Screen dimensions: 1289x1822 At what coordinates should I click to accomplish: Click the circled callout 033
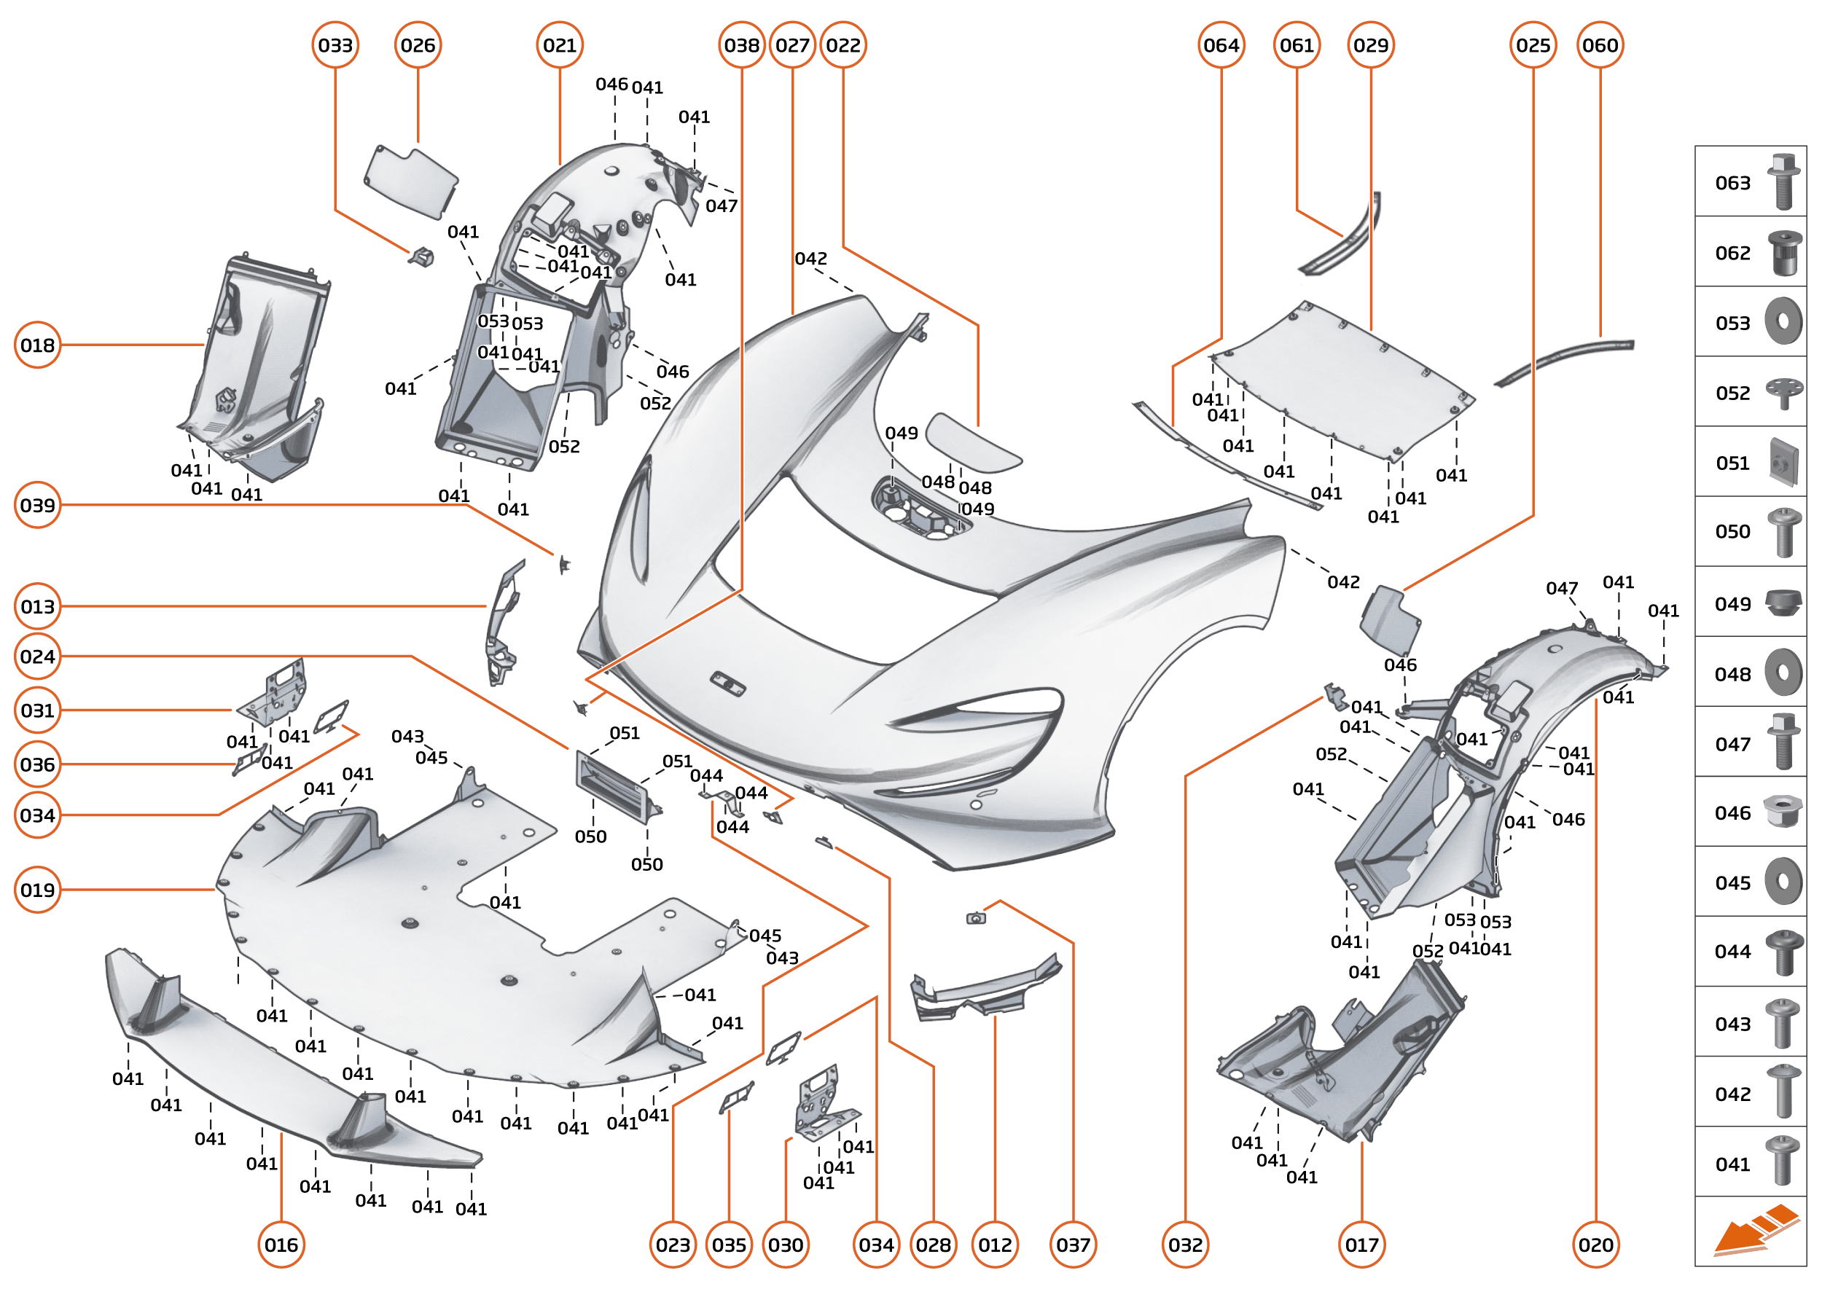335,45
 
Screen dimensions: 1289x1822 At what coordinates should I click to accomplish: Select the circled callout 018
37,345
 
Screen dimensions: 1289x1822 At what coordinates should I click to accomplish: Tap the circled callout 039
37,506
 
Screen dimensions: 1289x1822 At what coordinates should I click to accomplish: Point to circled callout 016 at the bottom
281,1245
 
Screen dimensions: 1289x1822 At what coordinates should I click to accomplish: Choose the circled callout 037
1073,1245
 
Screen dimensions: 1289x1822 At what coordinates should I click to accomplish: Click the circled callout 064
1221,45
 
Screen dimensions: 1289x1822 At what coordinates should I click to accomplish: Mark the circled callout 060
1600,45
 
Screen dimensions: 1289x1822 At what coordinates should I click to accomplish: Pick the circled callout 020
1596,1245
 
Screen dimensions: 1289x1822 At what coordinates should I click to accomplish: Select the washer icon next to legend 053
1783,321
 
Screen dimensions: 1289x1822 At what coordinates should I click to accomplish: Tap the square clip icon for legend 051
1783,462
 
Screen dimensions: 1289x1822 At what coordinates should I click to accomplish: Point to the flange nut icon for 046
1783,812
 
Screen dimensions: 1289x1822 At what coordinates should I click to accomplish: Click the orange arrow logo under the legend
1754,1230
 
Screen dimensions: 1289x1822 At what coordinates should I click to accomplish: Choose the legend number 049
1732,604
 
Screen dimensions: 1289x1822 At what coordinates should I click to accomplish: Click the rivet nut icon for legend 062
1784,252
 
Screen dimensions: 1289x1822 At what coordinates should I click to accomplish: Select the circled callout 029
1371,45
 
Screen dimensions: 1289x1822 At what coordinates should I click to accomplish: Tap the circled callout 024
37,657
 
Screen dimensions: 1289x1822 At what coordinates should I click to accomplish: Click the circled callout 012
995,1245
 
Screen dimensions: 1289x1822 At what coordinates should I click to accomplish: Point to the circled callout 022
843,45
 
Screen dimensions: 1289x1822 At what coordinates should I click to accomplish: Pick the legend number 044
1732,952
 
